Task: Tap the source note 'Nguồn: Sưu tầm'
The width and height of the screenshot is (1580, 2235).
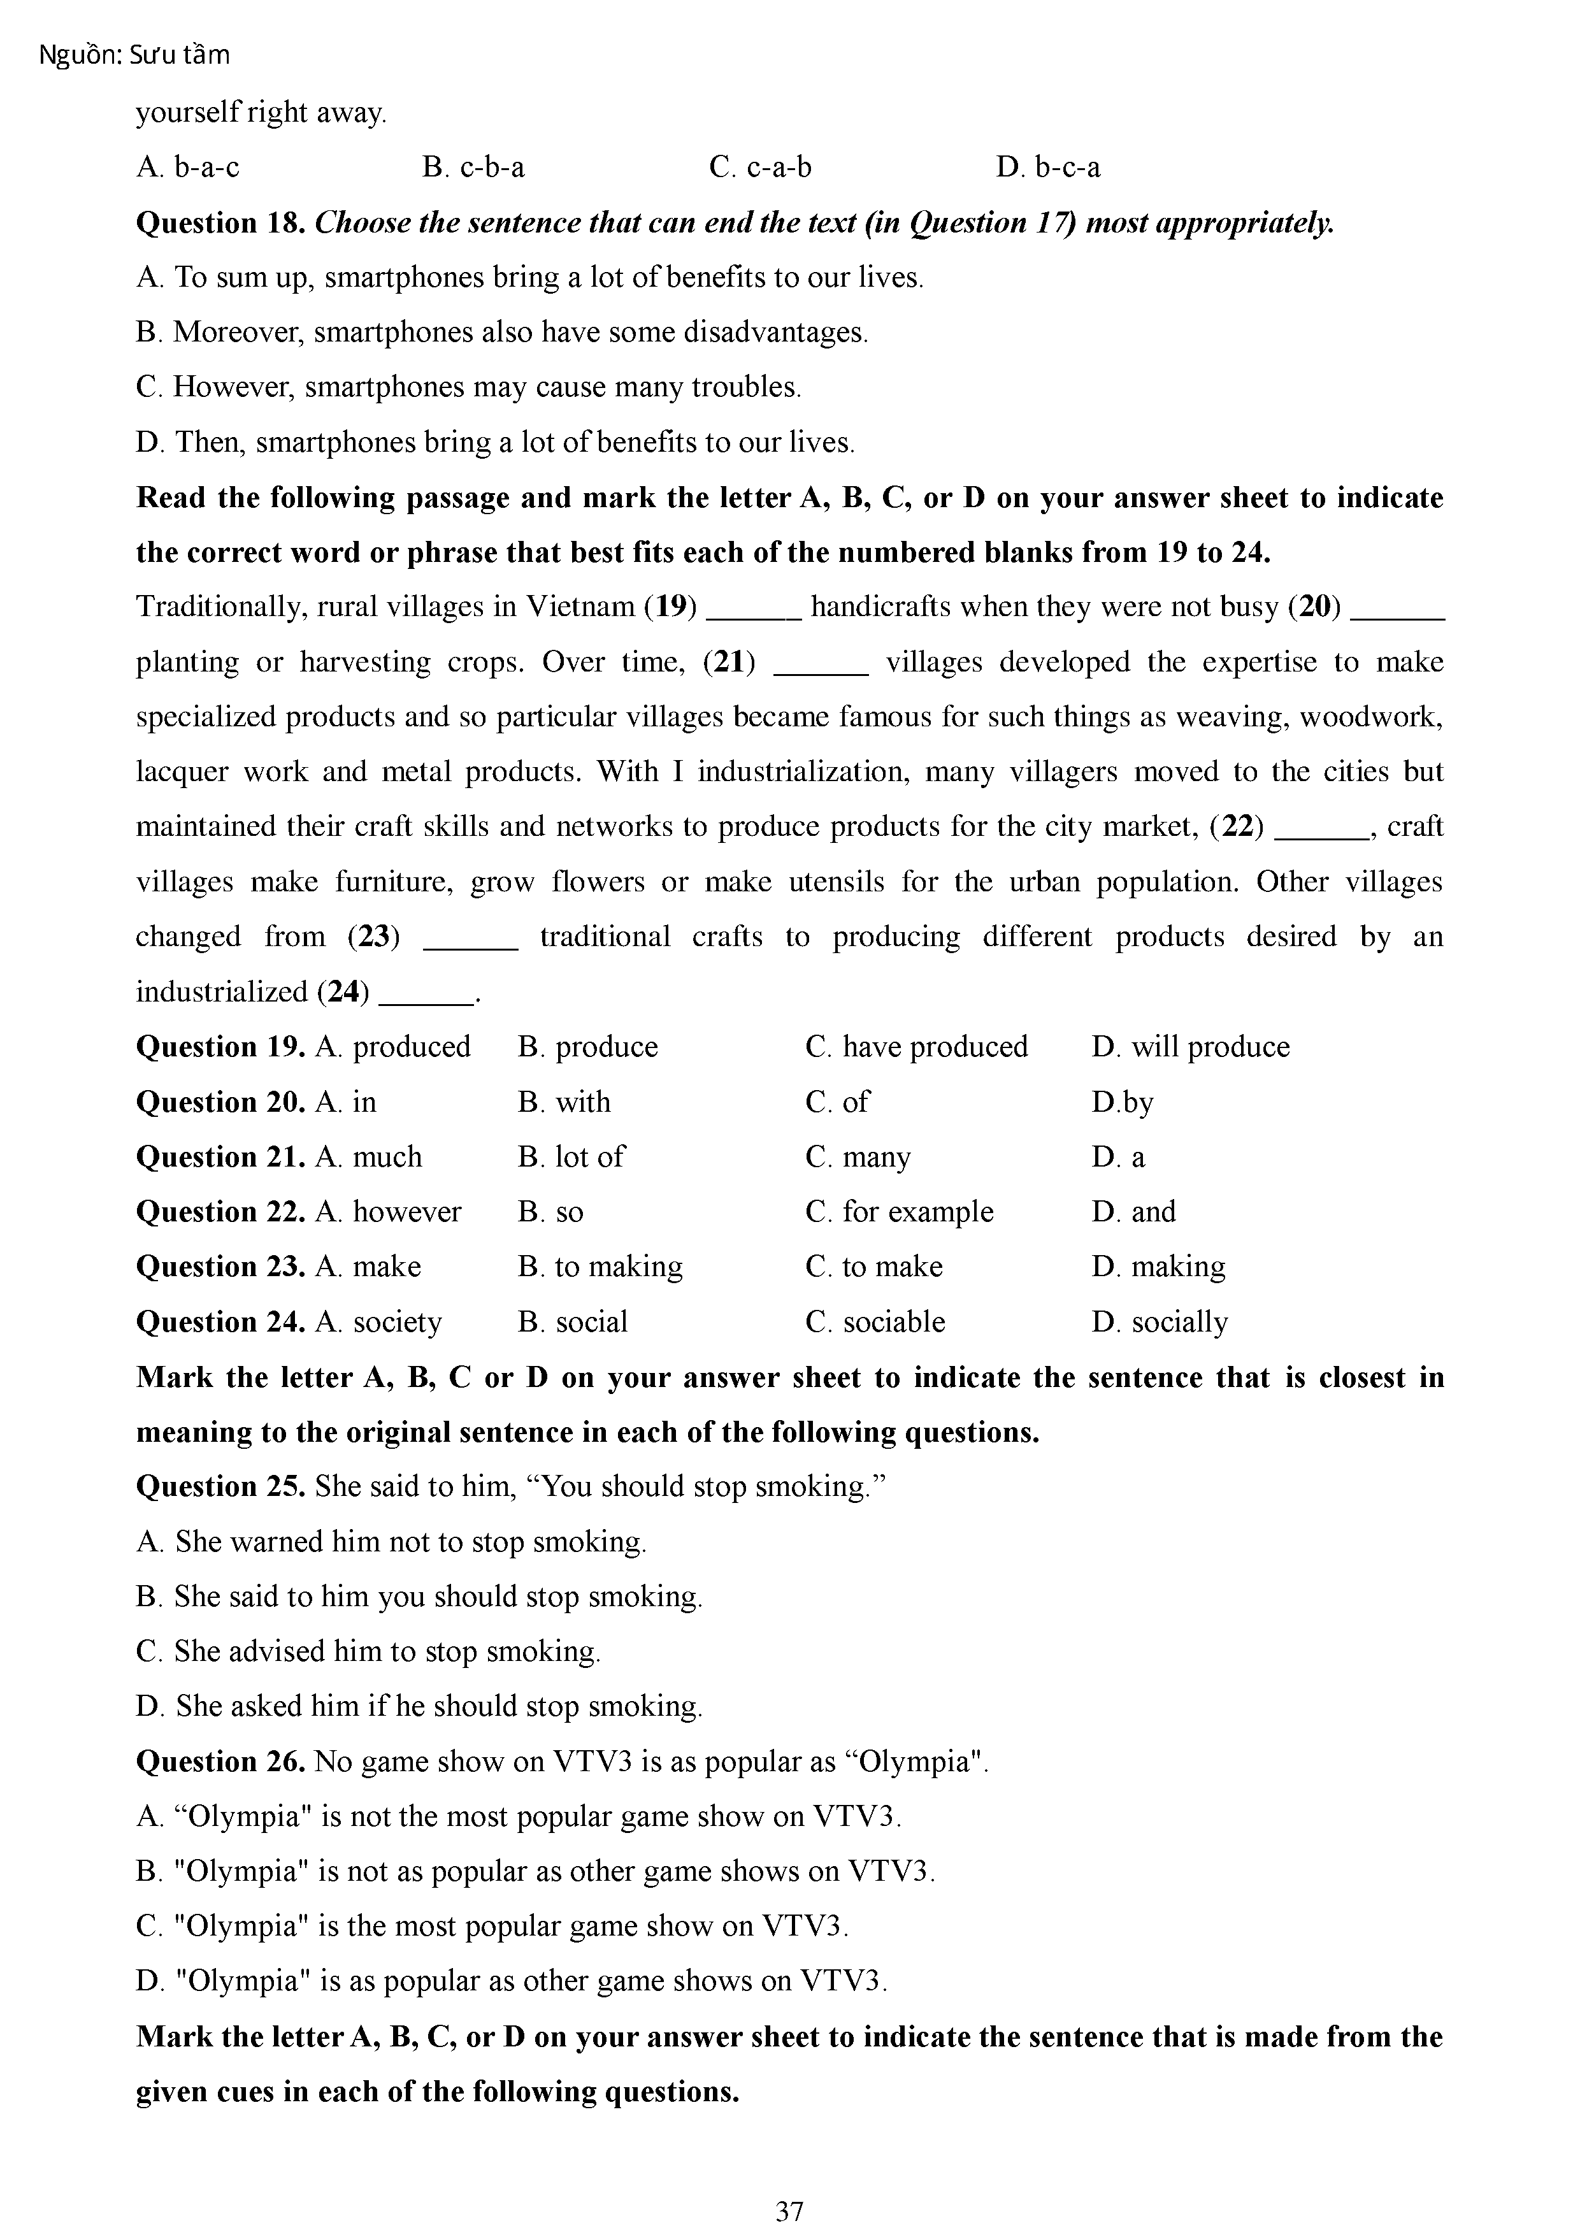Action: [x=134, y=55]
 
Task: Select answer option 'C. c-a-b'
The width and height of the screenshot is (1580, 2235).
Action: [x=759, y=168]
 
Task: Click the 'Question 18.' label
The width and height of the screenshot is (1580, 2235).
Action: [x=221, y=223]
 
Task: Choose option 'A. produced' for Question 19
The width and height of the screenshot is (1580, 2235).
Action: [x=393, y=1046]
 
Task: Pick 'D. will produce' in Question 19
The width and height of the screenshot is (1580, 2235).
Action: [x=1191, y=1046]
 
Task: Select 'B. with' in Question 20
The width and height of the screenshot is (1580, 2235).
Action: [x=564, y=1102]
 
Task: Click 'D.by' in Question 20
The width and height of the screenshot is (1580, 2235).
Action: [x=1123, y=1102]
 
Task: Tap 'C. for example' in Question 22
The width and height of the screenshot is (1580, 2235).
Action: [x=900, y=1212]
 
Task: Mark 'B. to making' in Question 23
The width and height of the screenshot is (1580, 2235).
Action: [x=601, y=1267]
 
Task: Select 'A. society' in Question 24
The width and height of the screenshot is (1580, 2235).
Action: [x=378, y=1322]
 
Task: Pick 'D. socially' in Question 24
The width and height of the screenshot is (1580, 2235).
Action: [x=1160, y=1322]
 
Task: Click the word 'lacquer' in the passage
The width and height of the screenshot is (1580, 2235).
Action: [x=178, y=772]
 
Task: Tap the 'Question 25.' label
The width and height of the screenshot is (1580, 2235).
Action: [x=221, y=1486]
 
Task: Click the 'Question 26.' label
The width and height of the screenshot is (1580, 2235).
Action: [x=221, y=1761]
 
